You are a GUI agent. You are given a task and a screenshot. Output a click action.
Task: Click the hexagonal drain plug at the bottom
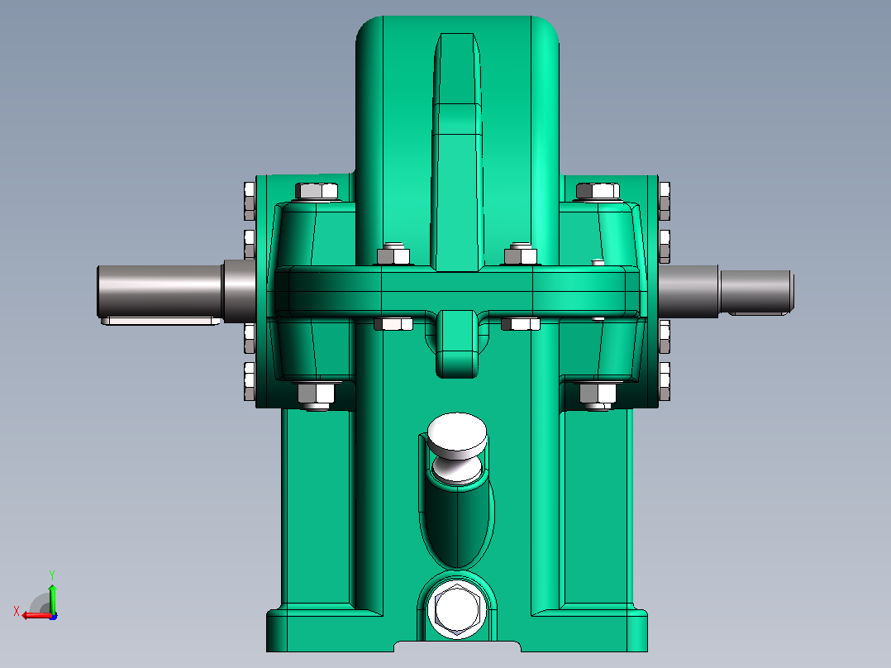(457, 608)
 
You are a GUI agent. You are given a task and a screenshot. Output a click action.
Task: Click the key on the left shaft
(160, 321)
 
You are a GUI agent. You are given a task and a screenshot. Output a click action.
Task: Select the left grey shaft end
(159, 291)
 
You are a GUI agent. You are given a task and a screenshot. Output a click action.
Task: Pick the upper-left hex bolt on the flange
(317, 191)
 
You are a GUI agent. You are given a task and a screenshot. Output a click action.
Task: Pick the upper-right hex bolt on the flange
(598, 191)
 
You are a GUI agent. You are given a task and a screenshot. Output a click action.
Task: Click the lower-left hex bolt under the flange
(316, 395)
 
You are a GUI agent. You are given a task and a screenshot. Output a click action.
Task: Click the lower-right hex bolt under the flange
(598, 395)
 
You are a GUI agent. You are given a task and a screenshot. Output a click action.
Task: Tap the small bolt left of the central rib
(393, 255)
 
